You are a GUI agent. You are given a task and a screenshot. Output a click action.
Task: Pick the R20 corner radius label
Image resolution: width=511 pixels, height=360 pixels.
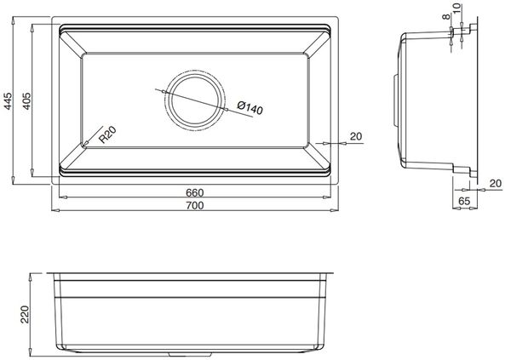coord(105,135)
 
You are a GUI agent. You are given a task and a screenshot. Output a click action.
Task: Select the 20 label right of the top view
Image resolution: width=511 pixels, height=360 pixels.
coord(355,136)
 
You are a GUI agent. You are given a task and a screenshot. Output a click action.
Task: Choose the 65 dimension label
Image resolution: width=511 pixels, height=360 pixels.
coord(464,203)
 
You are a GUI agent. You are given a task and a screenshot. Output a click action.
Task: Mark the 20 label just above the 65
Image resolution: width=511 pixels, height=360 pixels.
coord(494,183)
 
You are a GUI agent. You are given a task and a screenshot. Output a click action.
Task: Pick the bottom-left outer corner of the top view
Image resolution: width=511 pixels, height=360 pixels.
coord(51,184)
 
